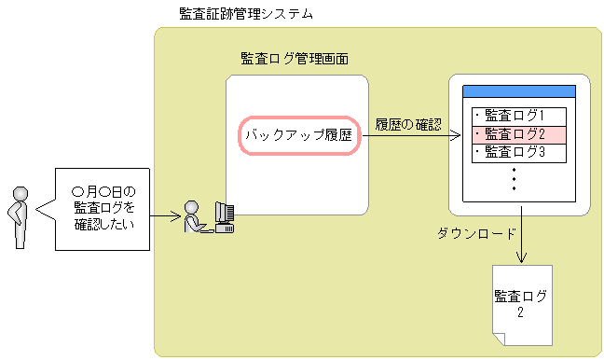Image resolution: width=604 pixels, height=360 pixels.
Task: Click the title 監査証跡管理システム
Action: pyautogui.click(x=245, y=14)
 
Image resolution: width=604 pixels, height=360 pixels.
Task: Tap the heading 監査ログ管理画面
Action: pyautogui.click(x=295, y=59)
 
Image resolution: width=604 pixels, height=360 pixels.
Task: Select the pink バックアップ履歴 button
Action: pyautogui.click(x=298, y=135)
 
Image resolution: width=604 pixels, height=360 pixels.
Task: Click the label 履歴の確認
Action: pyautogui.click(x=408, y=124)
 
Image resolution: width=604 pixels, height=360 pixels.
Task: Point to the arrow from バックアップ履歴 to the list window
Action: pyautogui.click(x=411, y=136)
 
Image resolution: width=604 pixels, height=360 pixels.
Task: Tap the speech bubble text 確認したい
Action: pyautogui.click(x=103, y=224)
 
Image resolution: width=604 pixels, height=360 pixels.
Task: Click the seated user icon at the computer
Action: pyautogui.click(x=194, y=217)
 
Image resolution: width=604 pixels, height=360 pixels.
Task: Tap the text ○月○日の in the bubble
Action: pyautogui.click(x=103, y=190)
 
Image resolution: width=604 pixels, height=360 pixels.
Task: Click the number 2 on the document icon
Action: pyautogui.click(x=521, y=312)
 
